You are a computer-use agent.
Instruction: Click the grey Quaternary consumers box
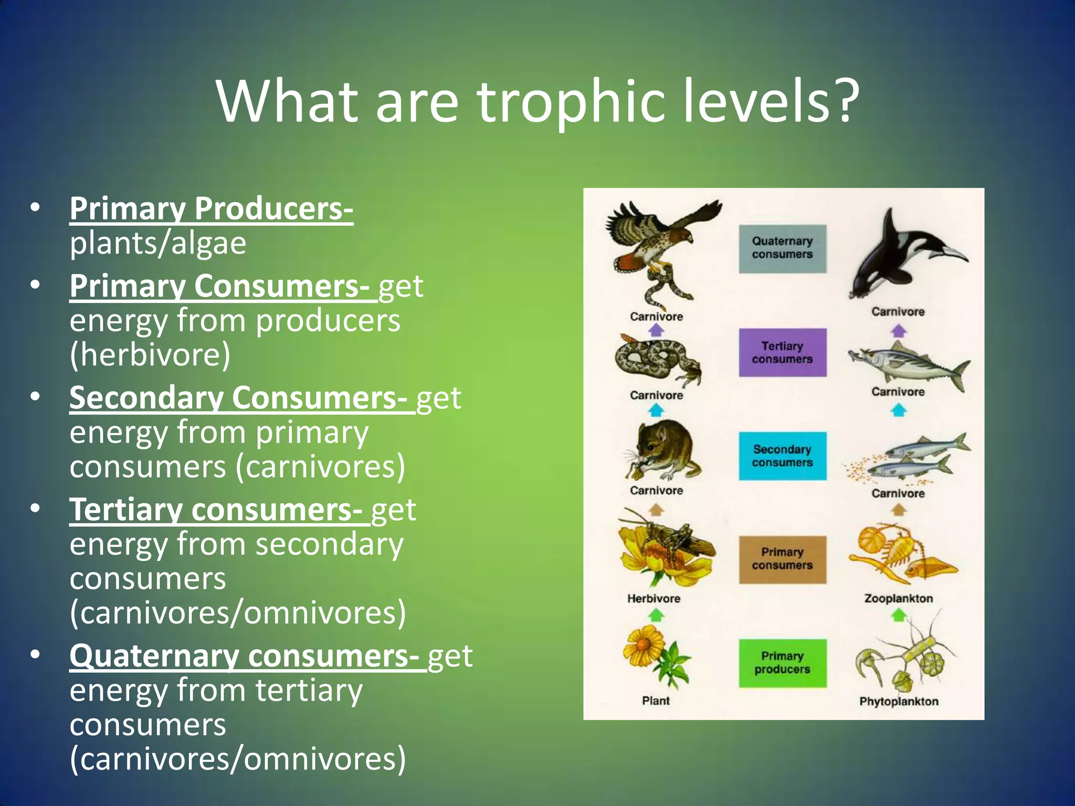782,249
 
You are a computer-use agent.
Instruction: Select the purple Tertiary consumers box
782,353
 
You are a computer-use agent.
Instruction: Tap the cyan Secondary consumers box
782,456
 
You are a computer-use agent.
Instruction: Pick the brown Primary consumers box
782,559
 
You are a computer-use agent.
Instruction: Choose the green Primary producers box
782,663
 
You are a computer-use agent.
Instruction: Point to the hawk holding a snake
659,247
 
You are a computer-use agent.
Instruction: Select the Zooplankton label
899,598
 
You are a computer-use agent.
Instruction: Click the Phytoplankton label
899,702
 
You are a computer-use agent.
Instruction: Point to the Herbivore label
654,598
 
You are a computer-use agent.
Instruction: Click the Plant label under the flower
656,701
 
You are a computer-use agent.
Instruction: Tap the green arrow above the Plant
656,614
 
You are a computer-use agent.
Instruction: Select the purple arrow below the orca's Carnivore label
899,331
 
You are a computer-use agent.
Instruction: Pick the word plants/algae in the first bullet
158,243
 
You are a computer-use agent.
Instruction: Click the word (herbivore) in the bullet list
150,355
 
